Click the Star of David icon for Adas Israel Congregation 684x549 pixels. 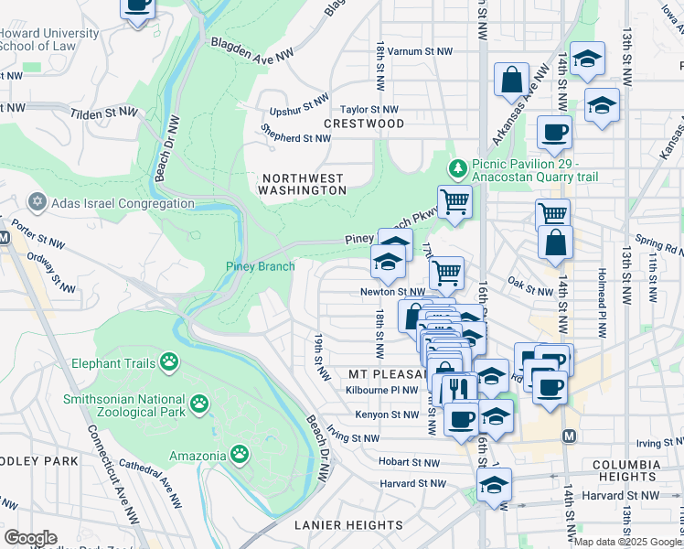click(x=37, y=201)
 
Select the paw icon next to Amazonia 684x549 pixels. click(x=240, y=454)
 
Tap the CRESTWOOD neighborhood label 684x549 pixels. click(x=364, y=123)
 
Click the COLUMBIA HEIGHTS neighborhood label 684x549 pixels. click(x=625, y=470)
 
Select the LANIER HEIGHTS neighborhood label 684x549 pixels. click(x=347, y=525)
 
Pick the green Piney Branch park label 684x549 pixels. click(x=261, y=266)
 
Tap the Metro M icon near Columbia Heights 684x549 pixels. click(x=569, y=437)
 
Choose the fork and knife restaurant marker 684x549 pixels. click(x=454, y=389)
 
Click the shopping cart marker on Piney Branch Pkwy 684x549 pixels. click(x=454, y=201)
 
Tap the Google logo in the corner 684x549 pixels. click(x=31, y=537)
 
